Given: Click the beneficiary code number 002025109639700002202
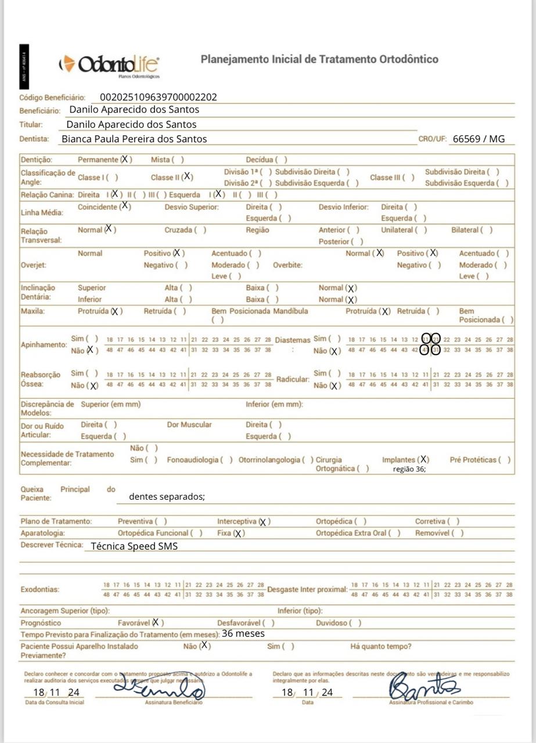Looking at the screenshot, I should pyautogui.click(x=159, y=98).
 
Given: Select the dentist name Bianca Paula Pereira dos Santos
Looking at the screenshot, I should pyautogui.click(x=134, y=139).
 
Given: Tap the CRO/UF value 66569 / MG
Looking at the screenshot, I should pyautogui.click(x=479, y=139).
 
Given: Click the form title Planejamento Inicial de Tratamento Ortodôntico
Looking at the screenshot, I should pyautogui.click(x=319, y=59).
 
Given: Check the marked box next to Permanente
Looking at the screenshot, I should pyautogui.click(x=125, y=159).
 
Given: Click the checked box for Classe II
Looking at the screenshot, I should pyautogui.click(x=188, y=177).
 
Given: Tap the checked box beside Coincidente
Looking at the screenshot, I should pyautogui.click(x=125, y=206).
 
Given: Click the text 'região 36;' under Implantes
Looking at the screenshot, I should pyautogui.click(x=409, y=470).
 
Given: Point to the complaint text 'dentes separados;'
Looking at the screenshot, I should pyautogui.click(x=167, y=496).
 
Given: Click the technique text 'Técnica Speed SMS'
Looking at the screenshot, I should pyautogui.click(x=134, y=546).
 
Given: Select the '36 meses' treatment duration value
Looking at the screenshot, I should pyautogui.click(x=243, y=633).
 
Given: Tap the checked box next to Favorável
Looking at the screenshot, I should pyautogui.click(x=156, y=622).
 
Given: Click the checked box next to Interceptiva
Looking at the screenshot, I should pyautogui.click(x=263, y=522).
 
